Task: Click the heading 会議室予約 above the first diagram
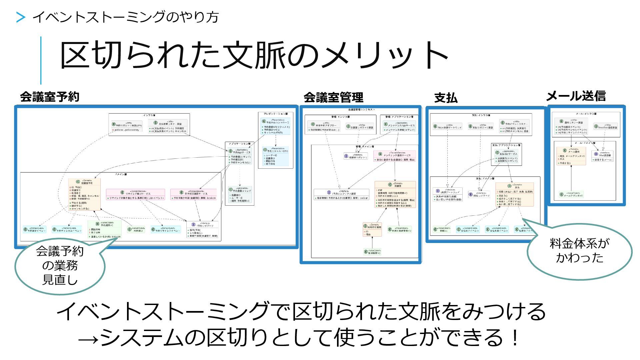coord(50,97)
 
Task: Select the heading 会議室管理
coord(333,98)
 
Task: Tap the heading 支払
coord(446,98)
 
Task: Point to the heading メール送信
coord(576,96)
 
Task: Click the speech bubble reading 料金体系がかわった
coord(579,251)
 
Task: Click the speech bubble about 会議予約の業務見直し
coord(60,266)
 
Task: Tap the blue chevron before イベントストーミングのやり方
coord(21,17)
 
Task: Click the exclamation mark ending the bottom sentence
coord(515,337)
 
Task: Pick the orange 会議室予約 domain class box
coord(84,194)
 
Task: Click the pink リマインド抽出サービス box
coord(135,194)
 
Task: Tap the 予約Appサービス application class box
coord(240,157)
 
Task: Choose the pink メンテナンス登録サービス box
coord(395,156)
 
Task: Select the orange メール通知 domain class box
coord(571,156)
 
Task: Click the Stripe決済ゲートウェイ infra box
coord(447,127)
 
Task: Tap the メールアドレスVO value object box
coord(571,195)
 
